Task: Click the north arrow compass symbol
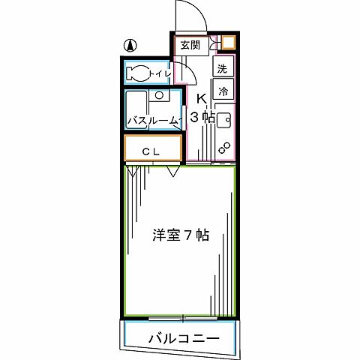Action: [x=130, y=46]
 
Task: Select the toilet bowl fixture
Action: [x=138, y=73]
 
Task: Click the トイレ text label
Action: [x=160, y=73]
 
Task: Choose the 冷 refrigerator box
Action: [x=223, y=90]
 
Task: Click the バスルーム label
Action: [x=152, y=120]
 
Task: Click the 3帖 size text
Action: [x=202, y=117]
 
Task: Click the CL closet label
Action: [x=153, y=150]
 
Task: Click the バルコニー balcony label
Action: [x=183, y=338]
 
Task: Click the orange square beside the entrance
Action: [x=228, y=43]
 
